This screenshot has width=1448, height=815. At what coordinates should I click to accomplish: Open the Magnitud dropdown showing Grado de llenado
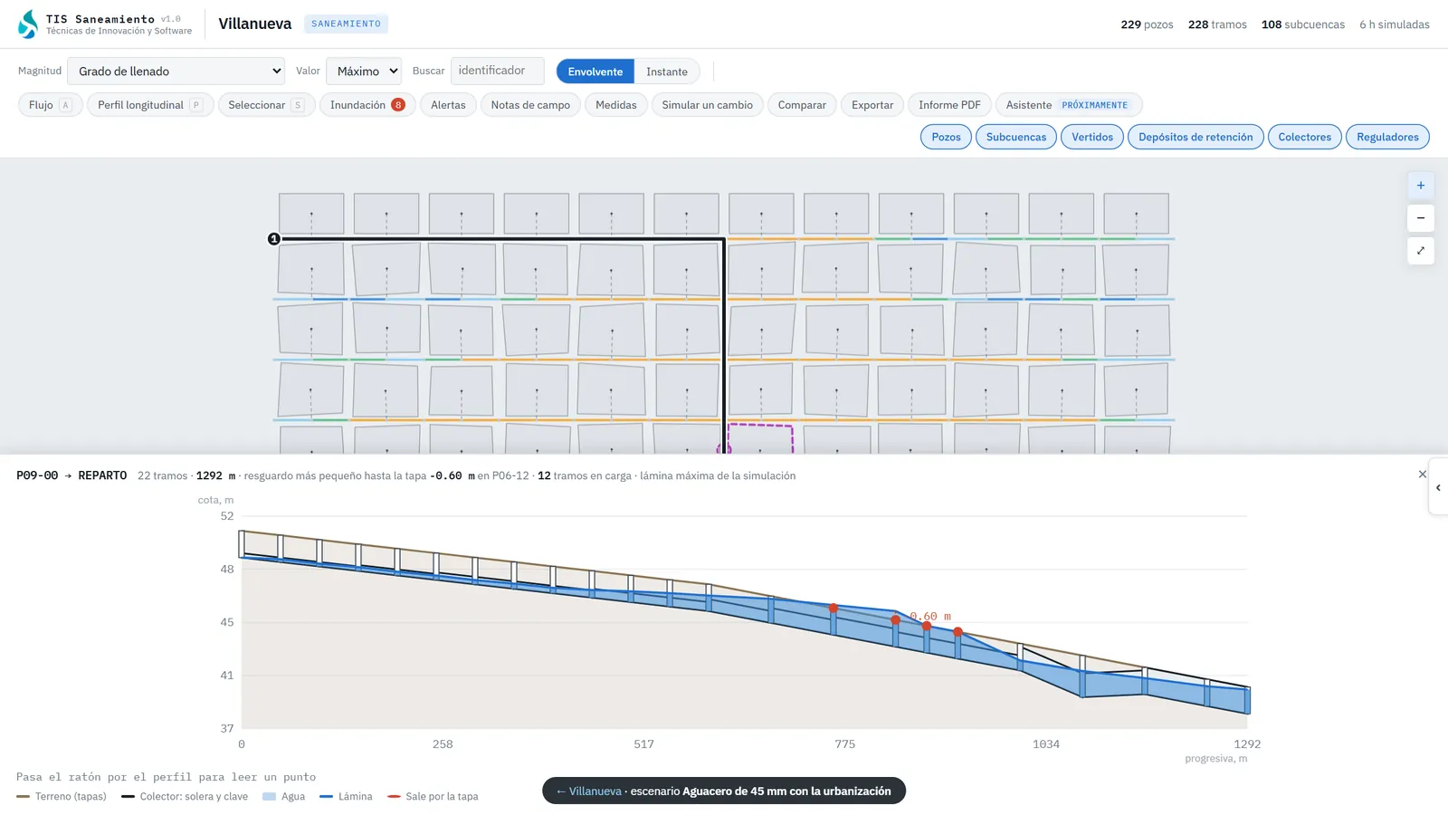(x=176, y=72)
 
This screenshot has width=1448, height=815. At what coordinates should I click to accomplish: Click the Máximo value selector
(x=364, y=72)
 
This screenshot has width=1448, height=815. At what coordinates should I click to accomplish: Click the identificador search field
(x=497, y=71)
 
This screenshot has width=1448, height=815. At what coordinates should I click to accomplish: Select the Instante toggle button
(x=666, y=72)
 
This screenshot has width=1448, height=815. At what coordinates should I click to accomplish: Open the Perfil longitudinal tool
(x=150, y=105)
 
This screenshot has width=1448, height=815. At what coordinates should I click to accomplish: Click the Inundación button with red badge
(x=367, y=105)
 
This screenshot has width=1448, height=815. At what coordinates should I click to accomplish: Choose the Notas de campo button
(x=530, y=105)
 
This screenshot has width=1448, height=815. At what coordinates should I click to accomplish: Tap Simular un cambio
(x=707, y=105)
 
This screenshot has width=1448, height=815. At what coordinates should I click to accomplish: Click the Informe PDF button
(x=949, y=105)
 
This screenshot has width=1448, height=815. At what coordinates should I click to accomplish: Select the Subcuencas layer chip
(x=1015, y=137)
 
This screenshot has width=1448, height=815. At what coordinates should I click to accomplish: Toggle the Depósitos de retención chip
(x=1196, y=137)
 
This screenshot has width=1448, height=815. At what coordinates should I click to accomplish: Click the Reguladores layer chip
(x=1387, y=137)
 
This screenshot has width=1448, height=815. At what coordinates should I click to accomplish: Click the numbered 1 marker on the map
(x=274, y=239)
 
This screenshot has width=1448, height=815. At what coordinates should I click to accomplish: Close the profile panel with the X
(x=1422, y=475)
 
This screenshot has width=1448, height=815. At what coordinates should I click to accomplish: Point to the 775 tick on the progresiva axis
(x=844, y=743)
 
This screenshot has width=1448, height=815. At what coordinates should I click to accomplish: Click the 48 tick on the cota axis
(x=227, y=570)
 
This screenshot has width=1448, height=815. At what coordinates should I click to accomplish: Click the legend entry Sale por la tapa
(x=433, y=796)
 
